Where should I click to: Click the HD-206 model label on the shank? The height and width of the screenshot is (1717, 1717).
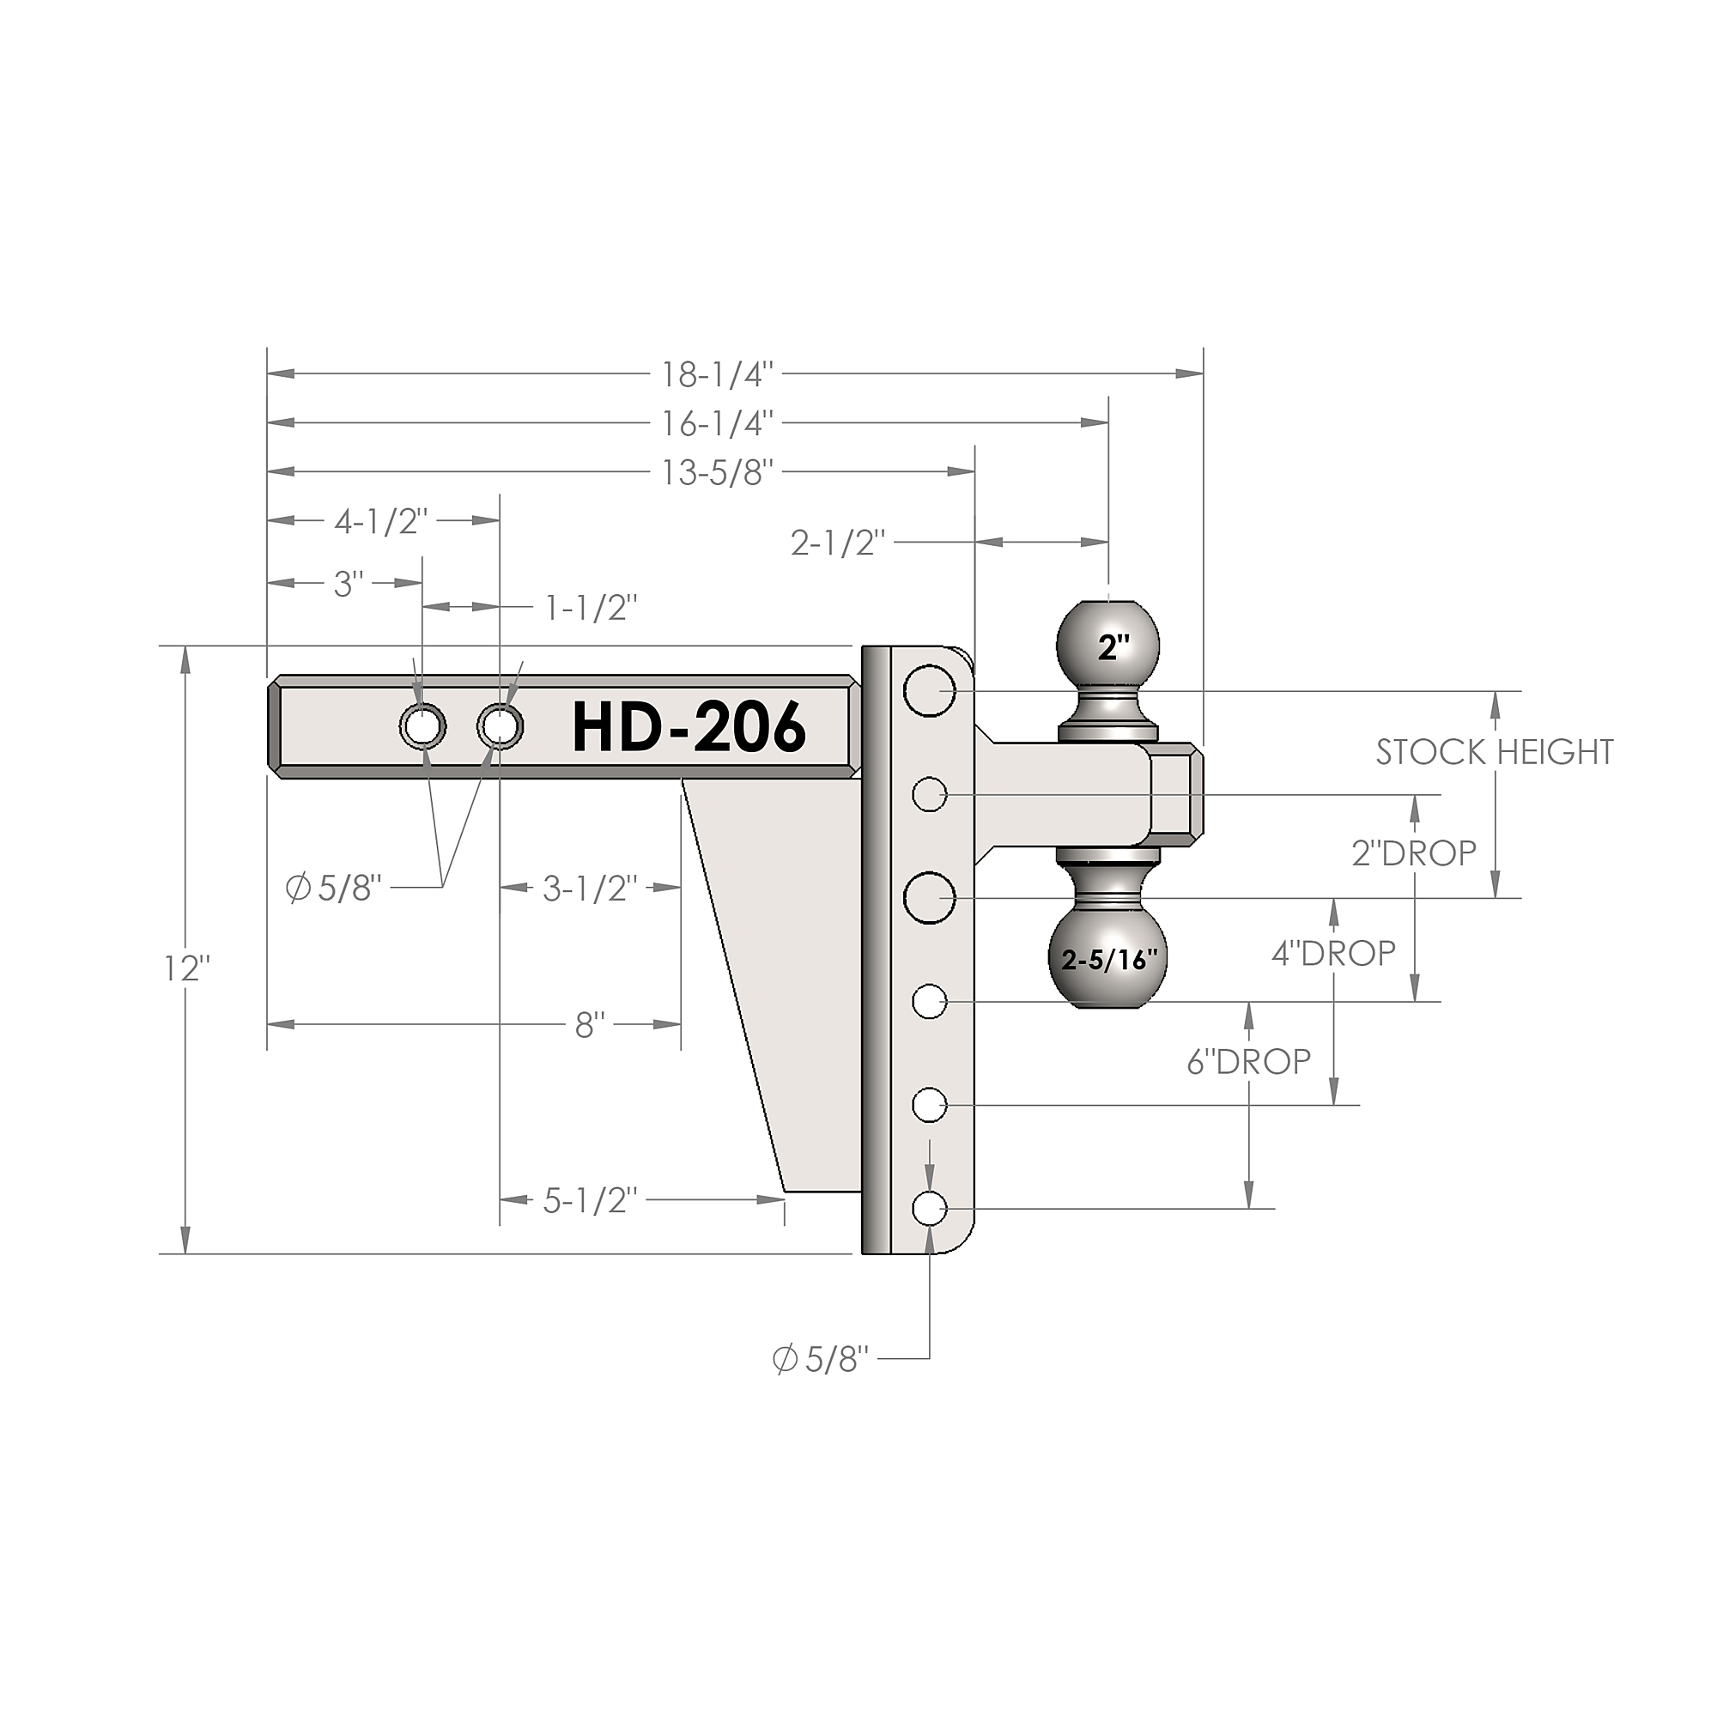pos(689,728)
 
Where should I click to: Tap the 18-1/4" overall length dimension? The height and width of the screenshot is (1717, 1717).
pos(718,375)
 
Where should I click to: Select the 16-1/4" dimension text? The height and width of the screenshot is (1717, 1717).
pos(718,424)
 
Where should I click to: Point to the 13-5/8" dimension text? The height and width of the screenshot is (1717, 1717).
pos(718,473)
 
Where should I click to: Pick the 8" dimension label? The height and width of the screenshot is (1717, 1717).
pos(590,1026)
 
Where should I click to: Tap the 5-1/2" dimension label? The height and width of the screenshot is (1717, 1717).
pos(591,1201)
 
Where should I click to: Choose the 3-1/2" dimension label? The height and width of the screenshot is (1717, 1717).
pos(591,888)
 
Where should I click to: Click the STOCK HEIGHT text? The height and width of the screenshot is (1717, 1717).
pos(1495,753)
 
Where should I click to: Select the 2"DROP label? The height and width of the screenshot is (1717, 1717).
pos(1414,853)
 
